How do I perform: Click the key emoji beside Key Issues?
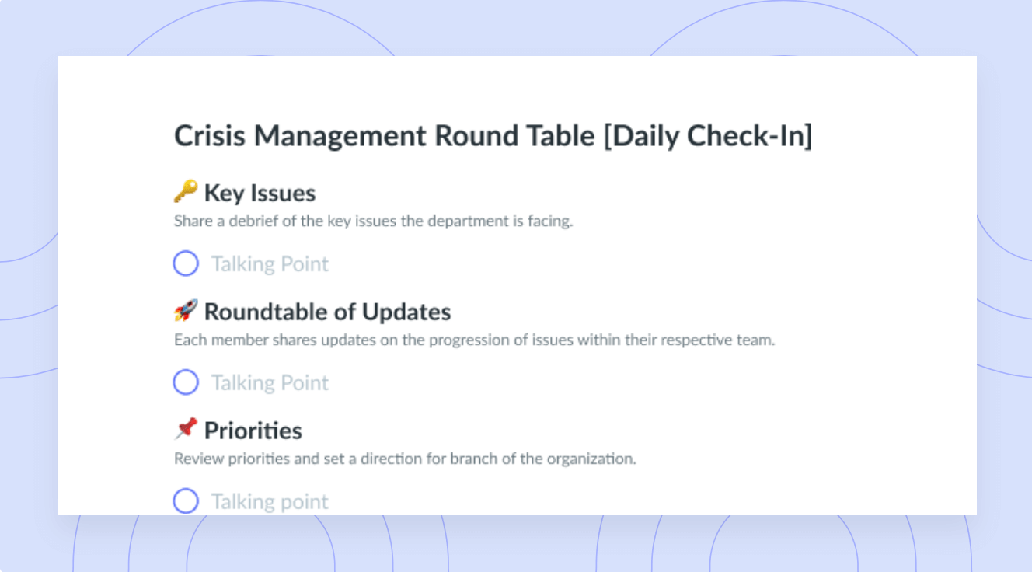pyautogui.click(x=187, y=191)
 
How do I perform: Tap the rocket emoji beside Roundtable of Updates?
pyautogui.click(x=187, y=310)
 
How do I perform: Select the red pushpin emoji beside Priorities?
pyautogui.click(x=187, y=429)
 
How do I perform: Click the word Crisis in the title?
pyautogui.click(x=210, y=136)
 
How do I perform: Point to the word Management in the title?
pyautogui.click(x=340, y=138)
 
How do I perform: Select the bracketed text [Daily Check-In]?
pyautogui.click(x=708, y=137)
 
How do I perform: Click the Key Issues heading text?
pyautogui.click(x=260, y=193)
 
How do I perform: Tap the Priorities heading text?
pyautogui.click(x=253, y=431)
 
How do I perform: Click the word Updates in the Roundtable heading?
pyautogui.click(x=406, y=312)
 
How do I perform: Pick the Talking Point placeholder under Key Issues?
pyautogui.click(x=270, y=264)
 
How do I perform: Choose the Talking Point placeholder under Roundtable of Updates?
pyautogui.click(x=270, y=383)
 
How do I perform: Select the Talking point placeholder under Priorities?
pyautogui.click(x=270, y=502)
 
